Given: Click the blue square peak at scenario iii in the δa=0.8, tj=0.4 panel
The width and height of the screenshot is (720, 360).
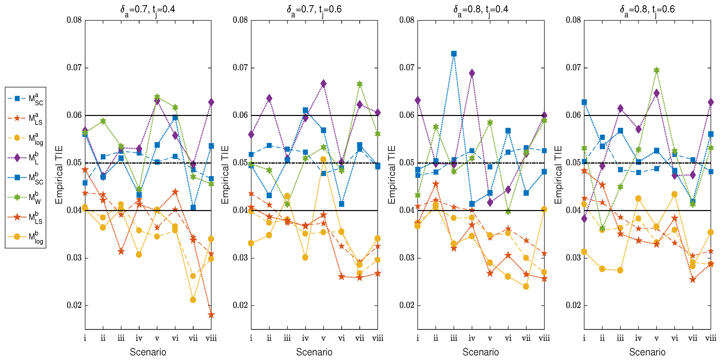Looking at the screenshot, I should pyautogui.click(x=454, y=54).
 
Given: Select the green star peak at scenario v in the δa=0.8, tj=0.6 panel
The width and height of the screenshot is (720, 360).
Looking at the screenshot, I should pyautogui.click(x=656, y=70).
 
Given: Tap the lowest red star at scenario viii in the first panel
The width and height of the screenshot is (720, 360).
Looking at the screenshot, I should pyautogui.click(x=211, y=315).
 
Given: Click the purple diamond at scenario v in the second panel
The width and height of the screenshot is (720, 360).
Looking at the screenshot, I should pyautogui.click(x=323, y=84).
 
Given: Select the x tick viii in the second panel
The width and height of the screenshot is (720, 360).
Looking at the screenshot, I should pyautogui.click(x=377, y=338).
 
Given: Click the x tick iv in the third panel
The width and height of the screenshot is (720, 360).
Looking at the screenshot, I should pyautogui.click(x=472, y=338).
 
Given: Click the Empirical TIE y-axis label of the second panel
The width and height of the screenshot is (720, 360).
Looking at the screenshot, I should pyautogui.click(x=225, y=175).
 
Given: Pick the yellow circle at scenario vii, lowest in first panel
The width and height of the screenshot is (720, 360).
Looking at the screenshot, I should pyautogui.click(x=193, y=300).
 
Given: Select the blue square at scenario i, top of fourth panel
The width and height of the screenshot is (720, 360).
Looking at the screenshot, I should pyautogui.click(x=584, y=102).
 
